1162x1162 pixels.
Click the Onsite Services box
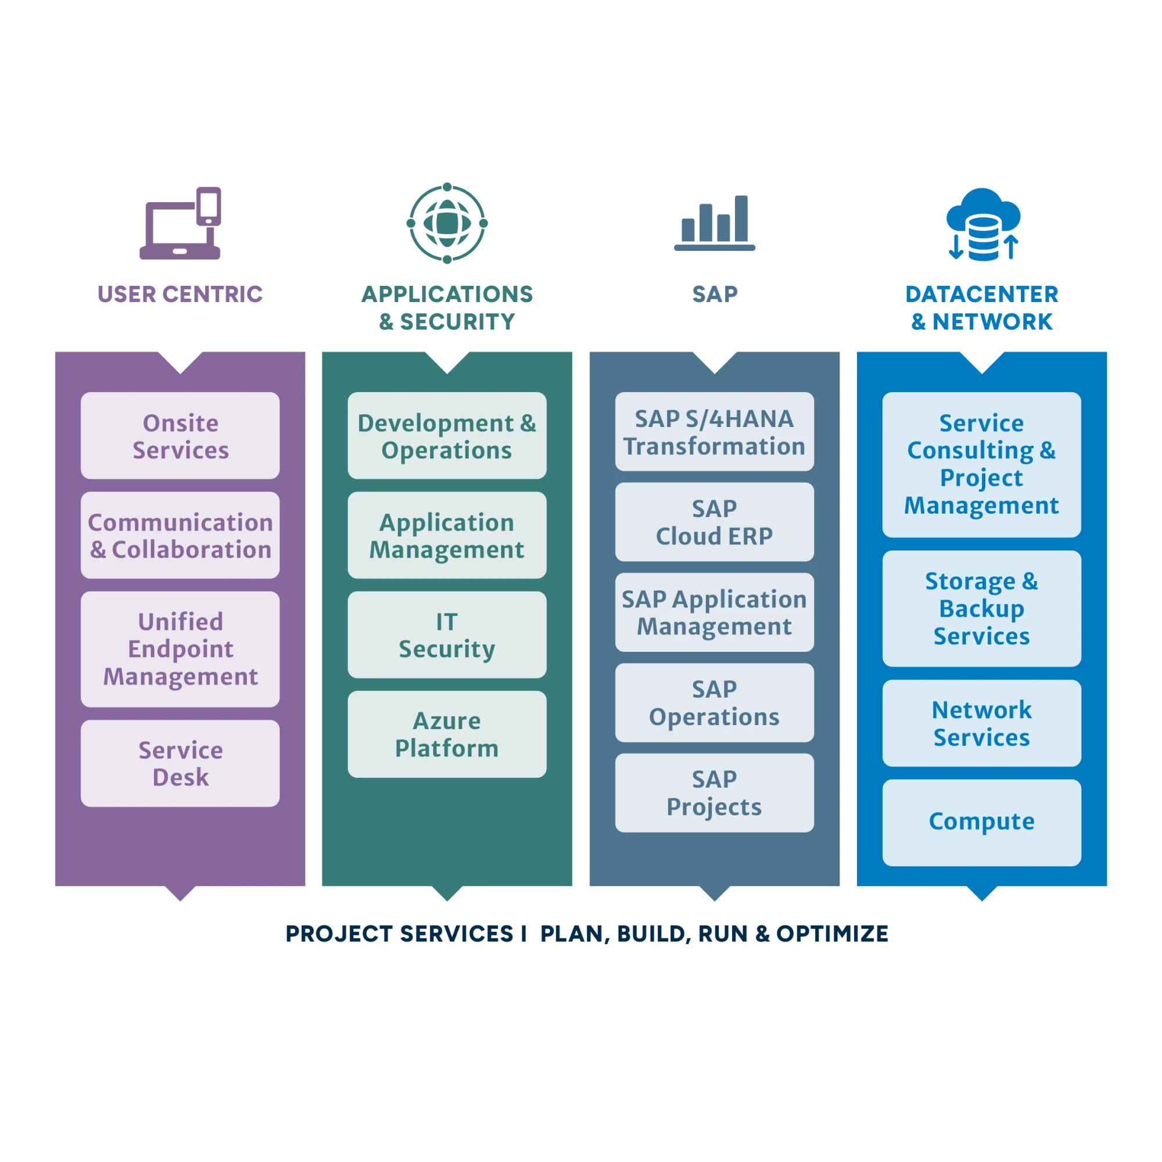pyautogui.click(x=180, y=436)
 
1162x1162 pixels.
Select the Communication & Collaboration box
pyautogui.click(x=180, y=535)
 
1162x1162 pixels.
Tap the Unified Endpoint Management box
pyautogui.click(x=180, y=649)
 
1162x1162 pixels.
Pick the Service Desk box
pyautogui.click(x=180, y=763)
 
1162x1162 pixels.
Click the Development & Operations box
pyautogui.click(x=447, y=436)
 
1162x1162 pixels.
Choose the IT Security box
pyautogui.click(x=447, y=634)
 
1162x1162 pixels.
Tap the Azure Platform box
pyautogui.click(x=447, y=734)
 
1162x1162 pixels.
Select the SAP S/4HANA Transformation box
pyautogui.click(x=714, y=432)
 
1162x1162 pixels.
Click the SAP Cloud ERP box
pyautogui.click(x=714, y=522)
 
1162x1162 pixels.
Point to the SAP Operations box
pyautogui.click(x=714, y=702)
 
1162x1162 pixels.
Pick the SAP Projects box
pyautogui.click(x=714, y=792)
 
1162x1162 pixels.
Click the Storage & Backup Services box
pyautogui.click(x=981, y=608)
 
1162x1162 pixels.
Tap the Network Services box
pyautogui.click(x=981, y=723)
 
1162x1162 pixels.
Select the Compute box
pyautogui.click(x=981, y=822)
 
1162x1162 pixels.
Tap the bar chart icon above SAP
pyautogui.click(x=715, y=223)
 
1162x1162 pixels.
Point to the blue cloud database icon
pyautogui.click(x=983, y=224)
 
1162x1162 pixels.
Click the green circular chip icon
pyautogui.click(x=446, y=223)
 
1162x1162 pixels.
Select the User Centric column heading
pyautogui.click(x=181, y=293)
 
